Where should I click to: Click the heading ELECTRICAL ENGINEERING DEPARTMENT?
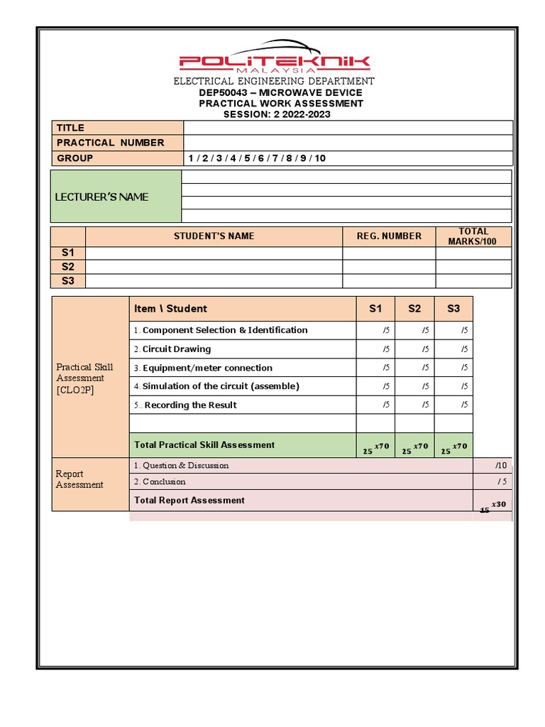[274, 82]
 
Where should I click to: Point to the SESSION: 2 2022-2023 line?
[277, 114]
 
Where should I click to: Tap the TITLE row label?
[70, 128]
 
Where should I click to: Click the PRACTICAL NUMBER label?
[110, 143]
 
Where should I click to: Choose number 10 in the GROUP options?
[320, 158]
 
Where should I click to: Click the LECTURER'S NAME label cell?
[102, 197]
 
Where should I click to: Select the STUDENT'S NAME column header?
[214, 236]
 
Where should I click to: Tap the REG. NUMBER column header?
[389, 236]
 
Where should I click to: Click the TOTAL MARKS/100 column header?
[473, 236]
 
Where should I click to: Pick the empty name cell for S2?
[214, 267]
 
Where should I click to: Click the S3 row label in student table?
[68, 281]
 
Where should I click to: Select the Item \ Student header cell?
[171, 309]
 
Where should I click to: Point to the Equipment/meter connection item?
[207, 368]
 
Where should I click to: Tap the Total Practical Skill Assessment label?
[204, 445]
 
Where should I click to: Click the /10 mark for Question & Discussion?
[501, 466]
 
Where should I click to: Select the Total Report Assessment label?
[189, 501]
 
